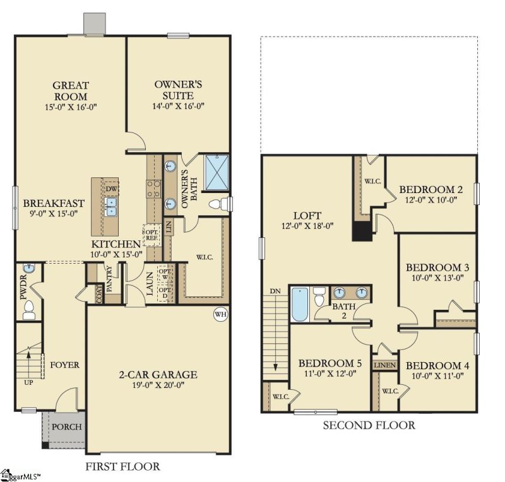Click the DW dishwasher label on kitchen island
112,189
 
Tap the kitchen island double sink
111,206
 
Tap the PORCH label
66,427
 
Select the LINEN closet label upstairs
384,365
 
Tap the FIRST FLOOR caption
122,467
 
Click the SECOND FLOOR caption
369,425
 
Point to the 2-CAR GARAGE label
158,375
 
